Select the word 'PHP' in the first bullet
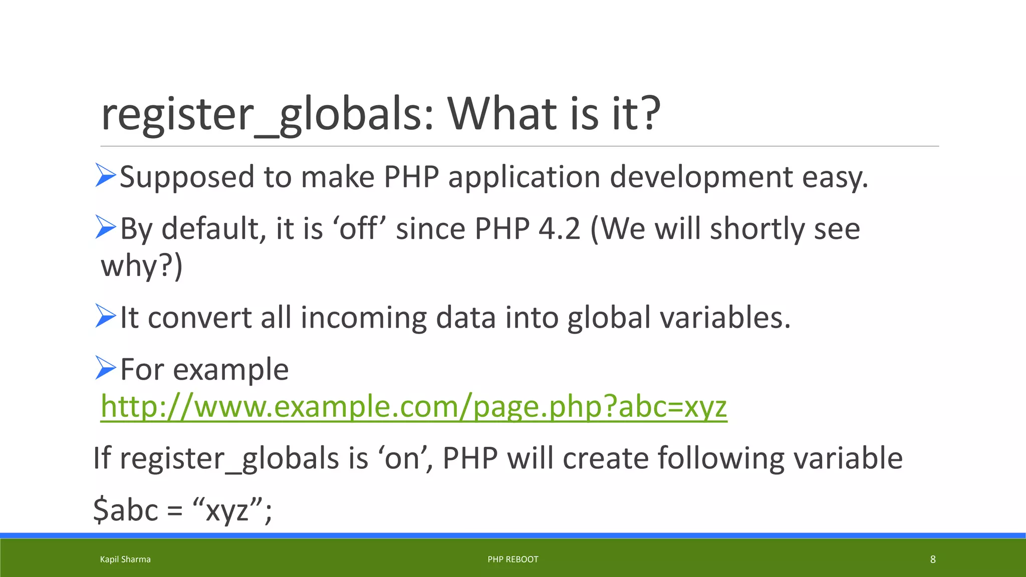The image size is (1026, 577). click(x=411, y=177)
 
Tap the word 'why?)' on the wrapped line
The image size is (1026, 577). click(x=142, y=265)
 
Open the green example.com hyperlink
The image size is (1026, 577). click(x=414, y=406)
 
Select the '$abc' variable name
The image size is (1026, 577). click(x=126, y=510)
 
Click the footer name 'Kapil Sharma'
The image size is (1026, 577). click(x=125, y=559)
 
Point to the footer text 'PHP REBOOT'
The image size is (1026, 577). click(x=513, y=559)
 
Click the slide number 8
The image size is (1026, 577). click(x=933, y=559)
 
